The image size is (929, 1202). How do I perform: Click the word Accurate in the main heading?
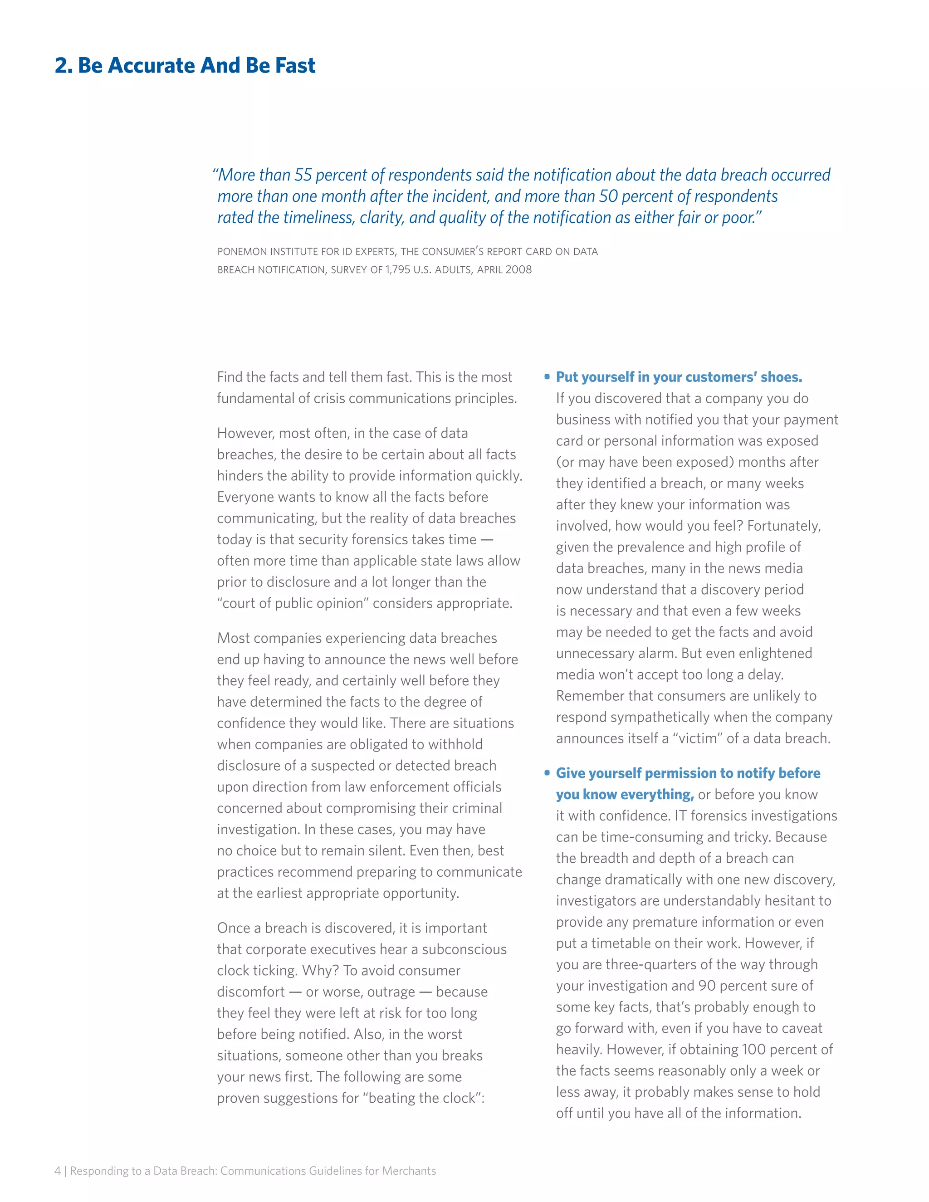pyautogui.click(x=150, y=65)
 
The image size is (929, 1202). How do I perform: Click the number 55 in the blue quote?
pyautogui.click(x=303, y=175)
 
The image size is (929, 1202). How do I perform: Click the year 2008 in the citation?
pyautogui.click(x=518, y=270)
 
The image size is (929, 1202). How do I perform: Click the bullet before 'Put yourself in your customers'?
pyautogui.click(x=547, y=377)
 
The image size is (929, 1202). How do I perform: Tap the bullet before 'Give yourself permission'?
pyautogui.click(x=547, y=773)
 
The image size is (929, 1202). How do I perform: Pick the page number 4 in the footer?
pyautogui.click(x=57, y=1171)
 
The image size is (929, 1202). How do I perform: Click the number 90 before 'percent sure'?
pyautogui.click(x=707, y=986)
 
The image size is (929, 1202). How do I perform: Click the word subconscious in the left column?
pyautogui.click(x=464, y=949)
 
